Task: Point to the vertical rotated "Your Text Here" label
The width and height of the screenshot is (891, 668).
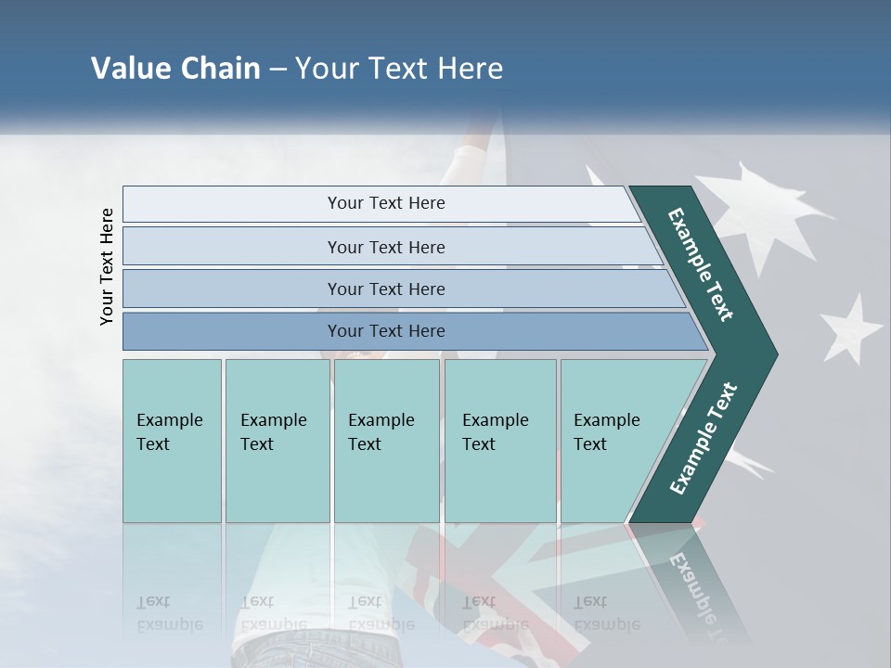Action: (x=107, y=266)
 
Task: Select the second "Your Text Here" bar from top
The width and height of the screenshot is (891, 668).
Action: (x=386, y=247)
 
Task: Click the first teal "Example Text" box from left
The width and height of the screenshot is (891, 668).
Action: (x=172, y=441)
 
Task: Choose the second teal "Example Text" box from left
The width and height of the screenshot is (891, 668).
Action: (x=278, y=441)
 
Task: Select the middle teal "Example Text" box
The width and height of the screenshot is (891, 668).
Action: (x=386, y=441)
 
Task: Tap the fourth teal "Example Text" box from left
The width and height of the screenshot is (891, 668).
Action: (x=500, y=441)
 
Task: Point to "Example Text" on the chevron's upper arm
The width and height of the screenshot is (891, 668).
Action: (x=701, y=264)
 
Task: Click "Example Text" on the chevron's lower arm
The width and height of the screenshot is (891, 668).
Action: (x=703, y=439)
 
